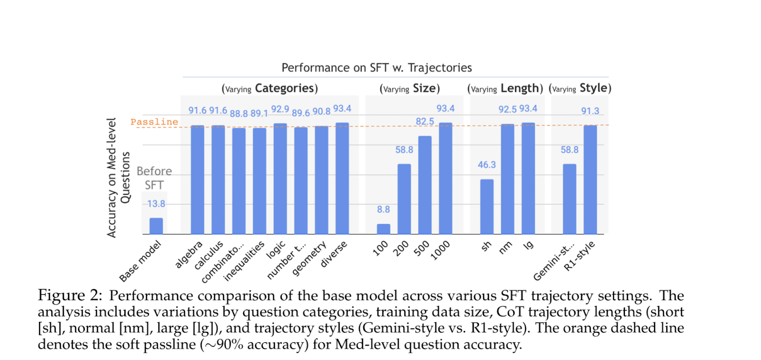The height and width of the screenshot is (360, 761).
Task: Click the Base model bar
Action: pos(156,226)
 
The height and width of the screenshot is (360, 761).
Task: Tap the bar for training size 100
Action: pos(383,229)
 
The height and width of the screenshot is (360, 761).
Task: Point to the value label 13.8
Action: pos(156,204)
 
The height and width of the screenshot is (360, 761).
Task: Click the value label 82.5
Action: pos(425,121)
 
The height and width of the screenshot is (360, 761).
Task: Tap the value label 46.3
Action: pos(487,165)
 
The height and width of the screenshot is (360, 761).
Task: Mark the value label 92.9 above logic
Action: pos(280,109)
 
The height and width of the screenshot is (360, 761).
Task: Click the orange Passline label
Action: pos(154,122)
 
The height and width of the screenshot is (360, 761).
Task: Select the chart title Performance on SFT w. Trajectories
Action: pos(377,68)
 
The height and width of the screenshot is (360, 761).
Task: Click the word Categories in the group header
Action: pos(284,88)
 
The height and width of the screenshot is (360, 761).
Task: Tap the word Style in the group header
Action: pos(593,88)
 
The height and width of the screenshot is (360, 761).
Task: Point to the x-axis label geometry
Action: pos(309,258)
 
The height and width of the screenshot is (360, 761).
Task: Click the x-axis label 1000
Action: pos(440,250)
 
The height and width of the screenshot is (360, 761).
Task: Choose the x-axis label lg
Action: pos(528,245)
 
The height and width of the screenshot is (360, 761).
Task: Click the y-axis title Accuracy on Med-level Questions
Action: pos(118,177)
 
